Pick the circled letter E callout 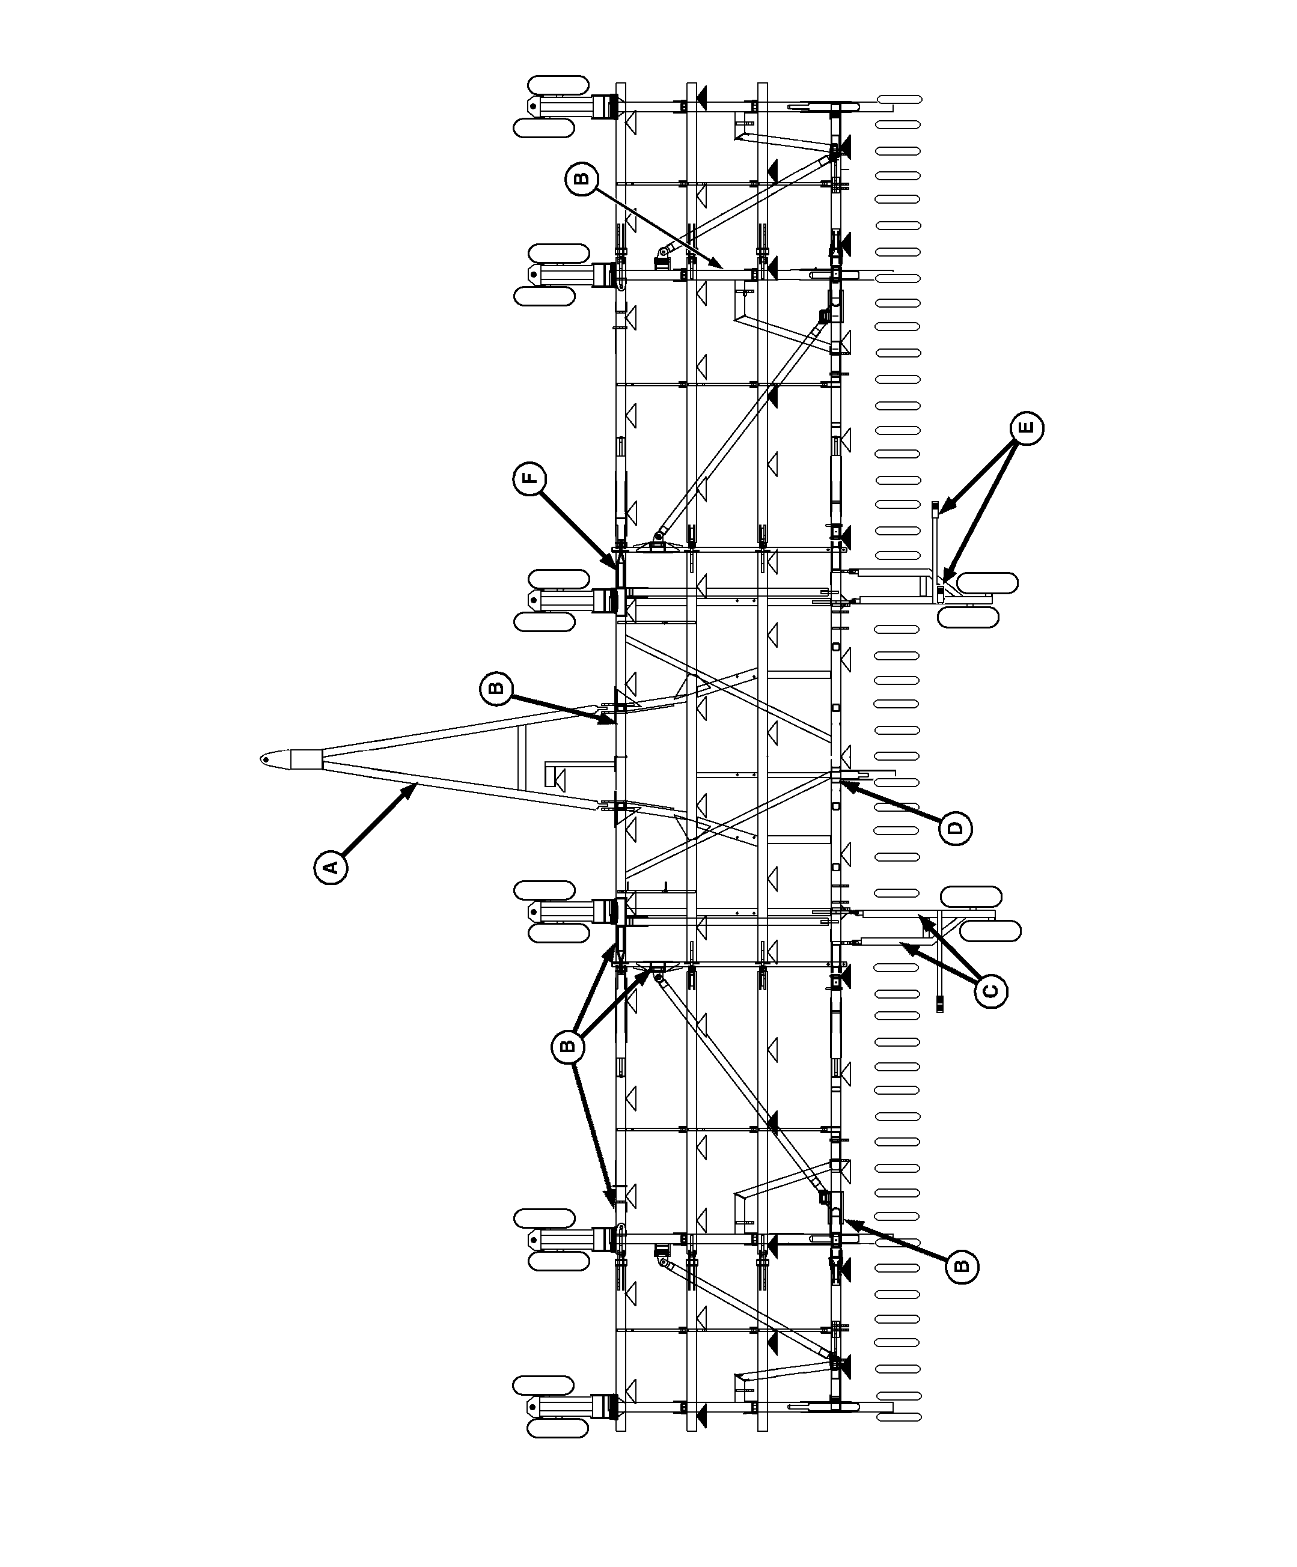(1027, 428)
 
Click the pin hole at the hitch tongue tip (265, 759)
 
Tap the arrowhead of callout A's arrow (413, 787)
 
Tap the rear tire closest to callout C (991, 931)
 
